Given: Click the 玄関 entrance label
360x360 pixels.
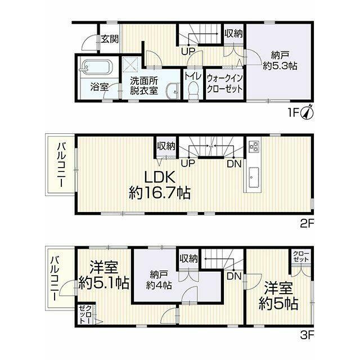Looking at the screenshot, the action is pyautogui.click(x=110, y=39).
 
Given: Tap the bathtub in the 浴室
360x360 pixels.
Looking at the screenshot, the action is pyautogui.click(x=95, y=67).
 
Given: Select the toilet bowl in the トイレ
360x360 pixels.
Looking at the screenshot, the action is pyautogui.click(x=194, y=90).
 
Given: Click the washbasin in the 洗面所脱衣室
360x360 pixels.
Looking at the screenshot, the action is pyautogui.click(x=173, y=91).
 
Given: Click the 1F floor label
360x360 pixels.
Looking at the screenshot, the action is pyautogui.click(x=294, y=112).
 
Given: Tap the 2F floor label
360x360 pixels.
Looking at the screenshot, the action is pyautogui.click(x=307, y=224).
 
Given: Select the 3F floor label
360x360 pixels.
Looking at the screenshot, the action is pyautogui.click(x=307, y=335).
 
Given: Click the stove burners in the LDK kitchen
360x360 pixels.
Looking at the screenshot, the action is pyautogui.click(x=254, y=146).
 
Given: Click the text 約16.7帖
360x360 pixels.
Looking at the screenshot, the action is pyautogui.click(x=160, y=192).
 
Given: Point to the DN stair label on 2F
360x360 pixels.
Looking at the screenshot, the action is pyautogui.click(x=234, y=164).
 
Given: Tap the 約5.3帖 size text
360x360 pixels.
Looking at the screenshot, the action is pyautogui.click(x=280, y=66).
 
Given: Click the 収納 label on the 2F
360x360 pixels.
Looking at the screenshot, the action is pyautogui.click(x=166, y=146).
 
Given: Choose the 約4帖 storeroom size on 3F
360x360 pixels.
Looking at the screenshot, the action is pyautogui.click(x=159, y=285).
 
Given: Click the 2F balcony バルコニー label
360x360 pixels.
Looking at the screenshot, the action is pyautogui.click(x=61, y=165).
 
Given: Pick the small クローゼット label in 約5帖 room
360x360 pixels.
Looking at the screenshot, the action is pyautogui.click(x=301, y=256).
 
